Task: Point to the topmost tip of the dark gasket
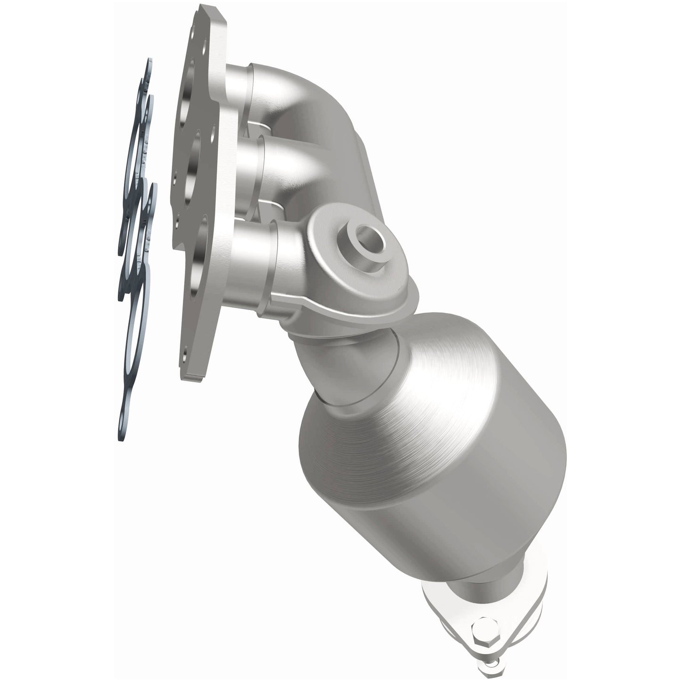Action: point(149,64)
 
